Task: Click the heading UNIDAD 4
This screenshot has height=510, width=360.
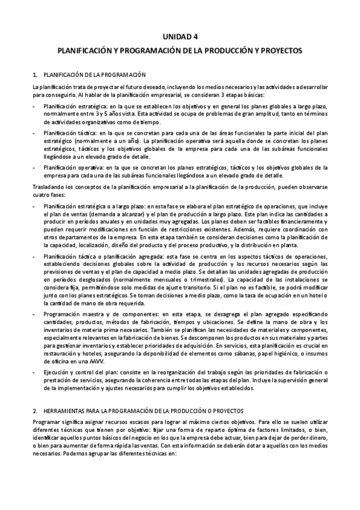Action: coord(180,37)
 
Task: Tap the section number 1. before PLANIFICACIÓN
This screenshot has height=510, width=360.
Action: coord(35,75)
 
